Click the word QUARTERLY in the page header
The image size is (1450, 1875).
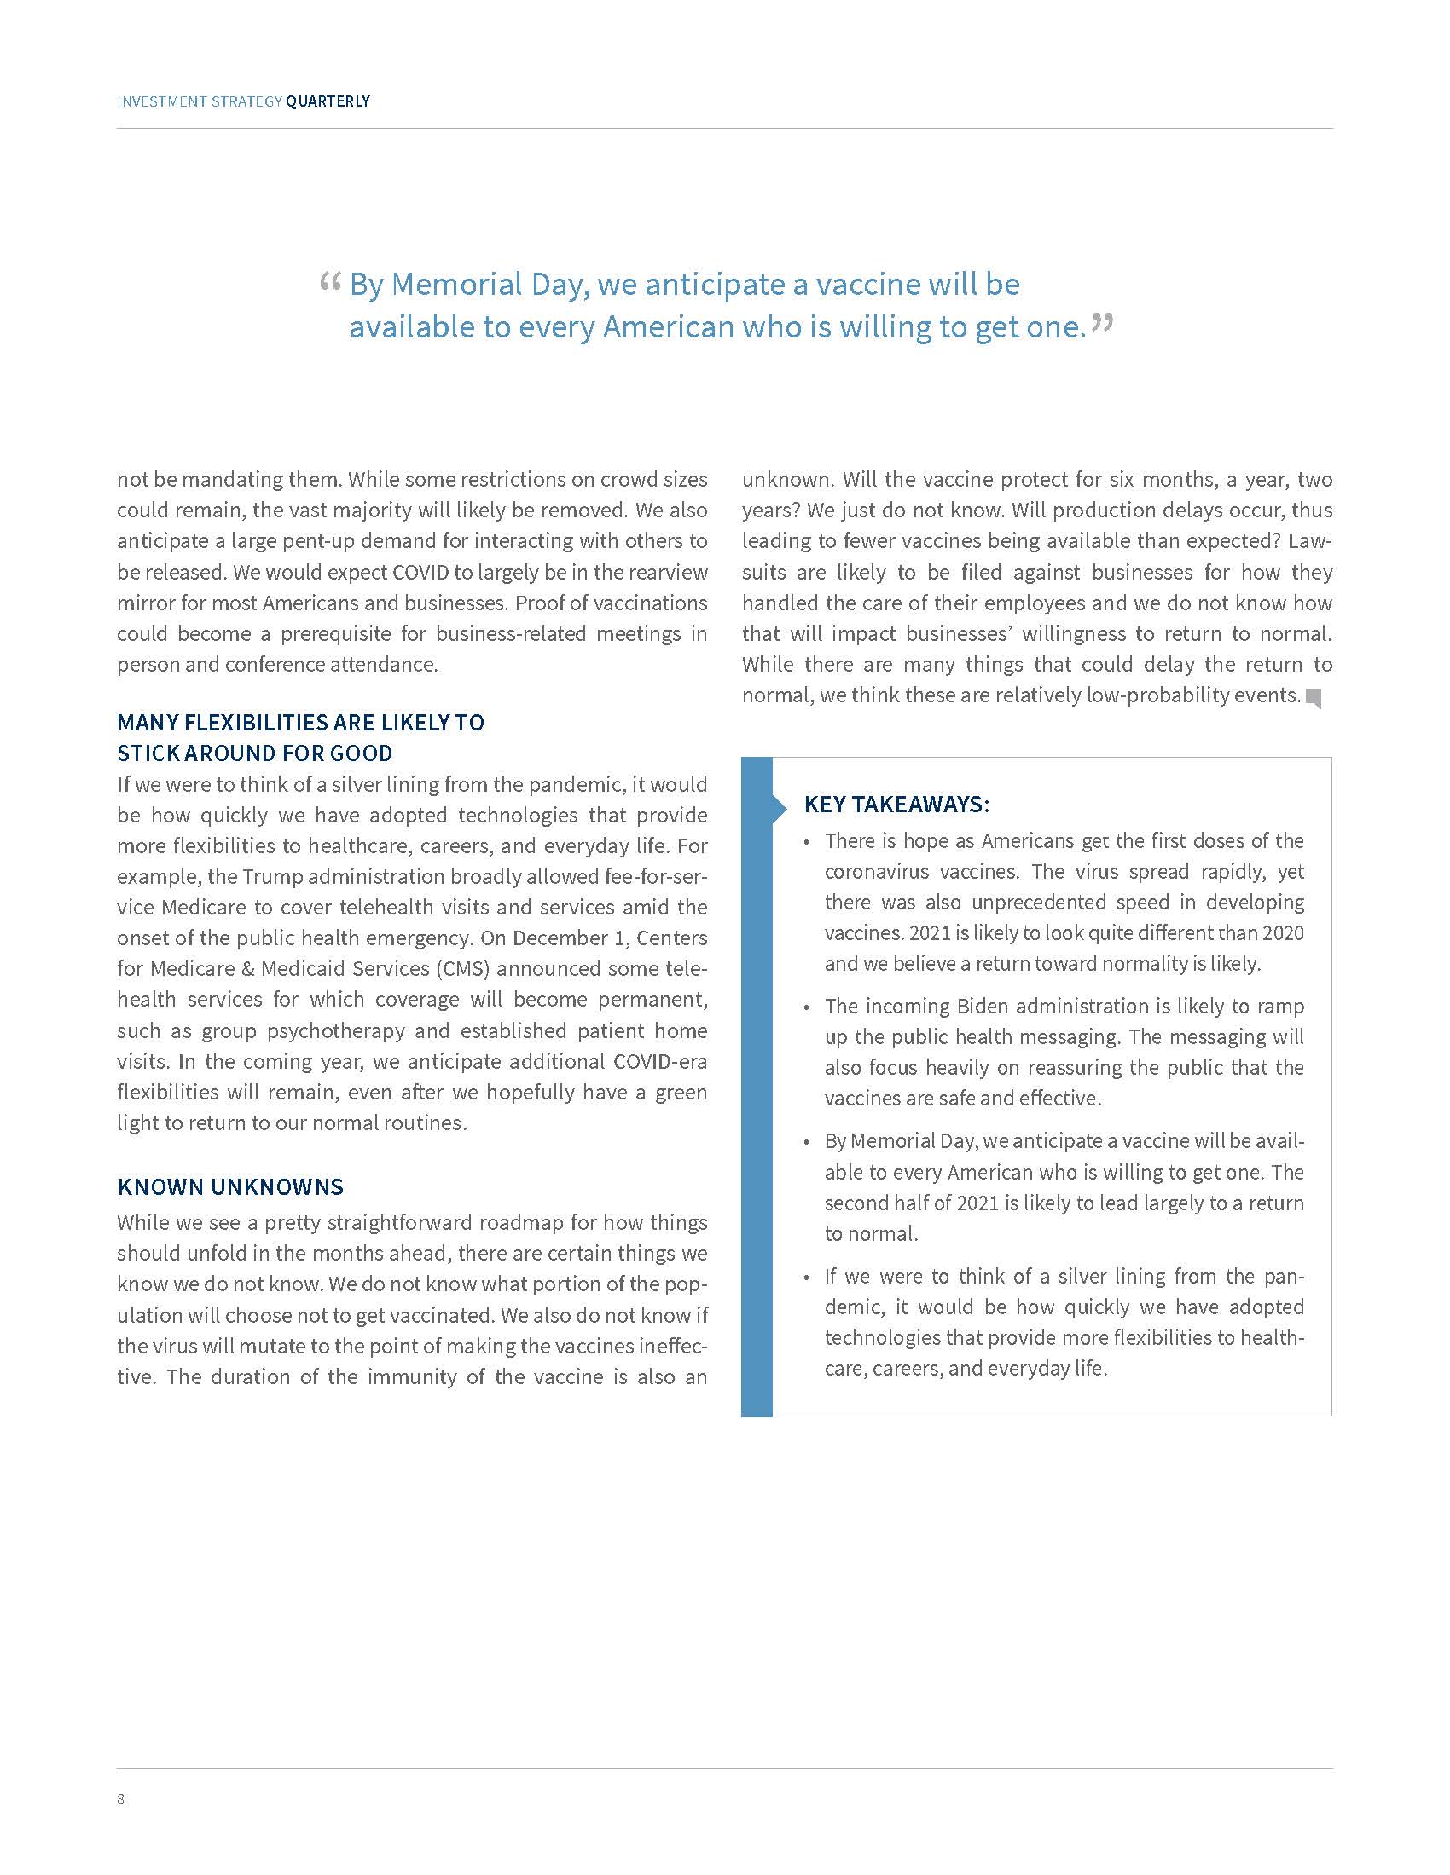pos(328,101)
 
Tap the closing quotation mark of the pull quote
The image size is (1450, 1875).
pos(1102,324)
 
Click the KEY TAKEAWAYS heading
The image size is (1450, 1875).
pos(896,805)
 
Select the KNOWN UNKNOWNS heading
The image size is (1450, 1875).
pos(230,1186)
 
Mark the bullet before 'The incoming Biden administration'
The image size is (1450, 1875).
pos(807,1008)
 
